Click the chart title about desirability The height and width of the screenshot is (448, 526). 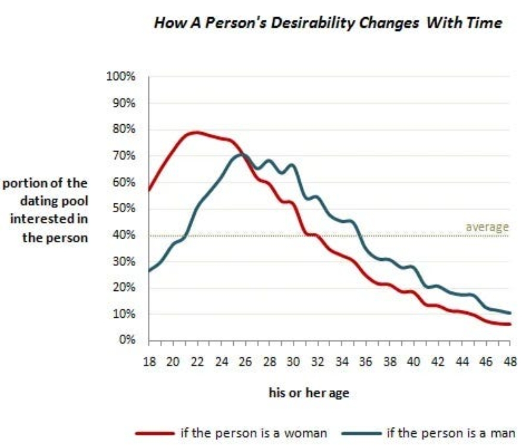click(x=328, y=22)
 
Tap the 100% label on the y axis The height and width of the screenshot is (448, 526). click(x=120, y=77)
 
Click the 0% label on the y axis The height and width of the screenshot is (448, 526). click(x=126, y=340)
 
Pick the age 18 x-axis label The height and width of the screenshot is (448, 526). click(x=149, y=362)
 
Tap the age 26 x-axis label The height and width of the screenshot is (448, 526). click(x=245, y=362)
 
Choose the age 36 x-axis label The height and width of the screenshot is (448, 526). click(x=366, y=362)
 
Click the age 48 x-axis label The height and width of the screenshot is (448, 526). click(x=510, y=362)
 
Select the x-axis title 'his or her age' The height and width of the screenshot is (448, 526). click(x=309, y=393)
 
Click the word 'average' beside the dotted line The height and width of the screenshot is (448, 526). click(x=487, y=227)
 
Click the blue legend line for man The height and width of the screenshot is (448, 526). click(x=361, y=433)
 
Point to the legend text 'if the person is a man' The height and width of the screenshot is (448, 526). click(x=451, y=433)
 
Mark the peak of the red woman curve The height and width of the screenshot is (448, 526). click(x=197, y=132)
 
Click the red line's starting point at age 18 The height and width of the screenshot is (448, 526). click(x=149, y=190)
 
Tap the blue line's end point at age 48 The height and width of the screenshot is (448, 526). click(x=510, y=313)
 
